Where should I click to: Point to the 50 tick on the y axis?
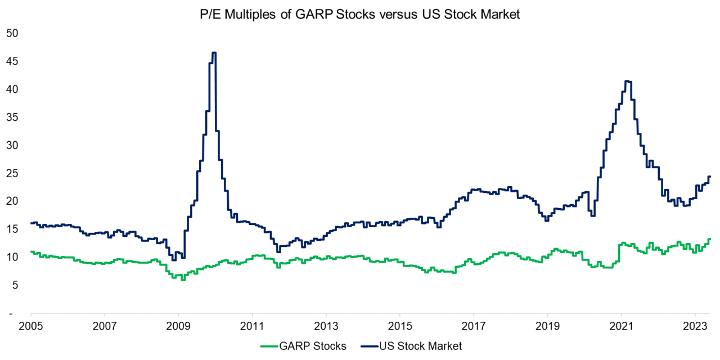12,33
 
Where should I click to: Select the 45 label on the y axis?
12,61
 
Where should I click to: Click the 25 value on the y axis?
12,173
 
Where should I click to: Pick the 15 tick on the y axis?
12,229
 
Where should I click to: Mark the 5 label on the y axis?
15,285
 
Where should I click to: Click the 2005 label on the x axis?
31,327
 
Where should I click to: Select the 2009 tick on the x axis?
178,327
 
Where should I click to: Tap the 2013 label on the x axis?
326,327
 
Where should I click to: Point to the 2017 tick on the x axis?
473,327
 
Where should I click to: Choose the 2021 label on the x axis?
620,327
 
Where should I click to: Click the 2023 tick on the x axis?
695,327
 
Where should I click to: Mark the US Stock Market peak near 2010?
214,53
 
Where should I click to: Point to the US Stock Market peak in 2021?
628,82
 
